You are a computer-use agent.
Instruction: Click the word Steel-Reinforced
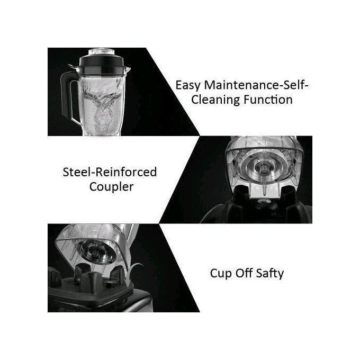(x=110, y=172)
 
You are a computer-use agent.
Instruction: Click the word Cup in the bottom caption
(x=220, y=273)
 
